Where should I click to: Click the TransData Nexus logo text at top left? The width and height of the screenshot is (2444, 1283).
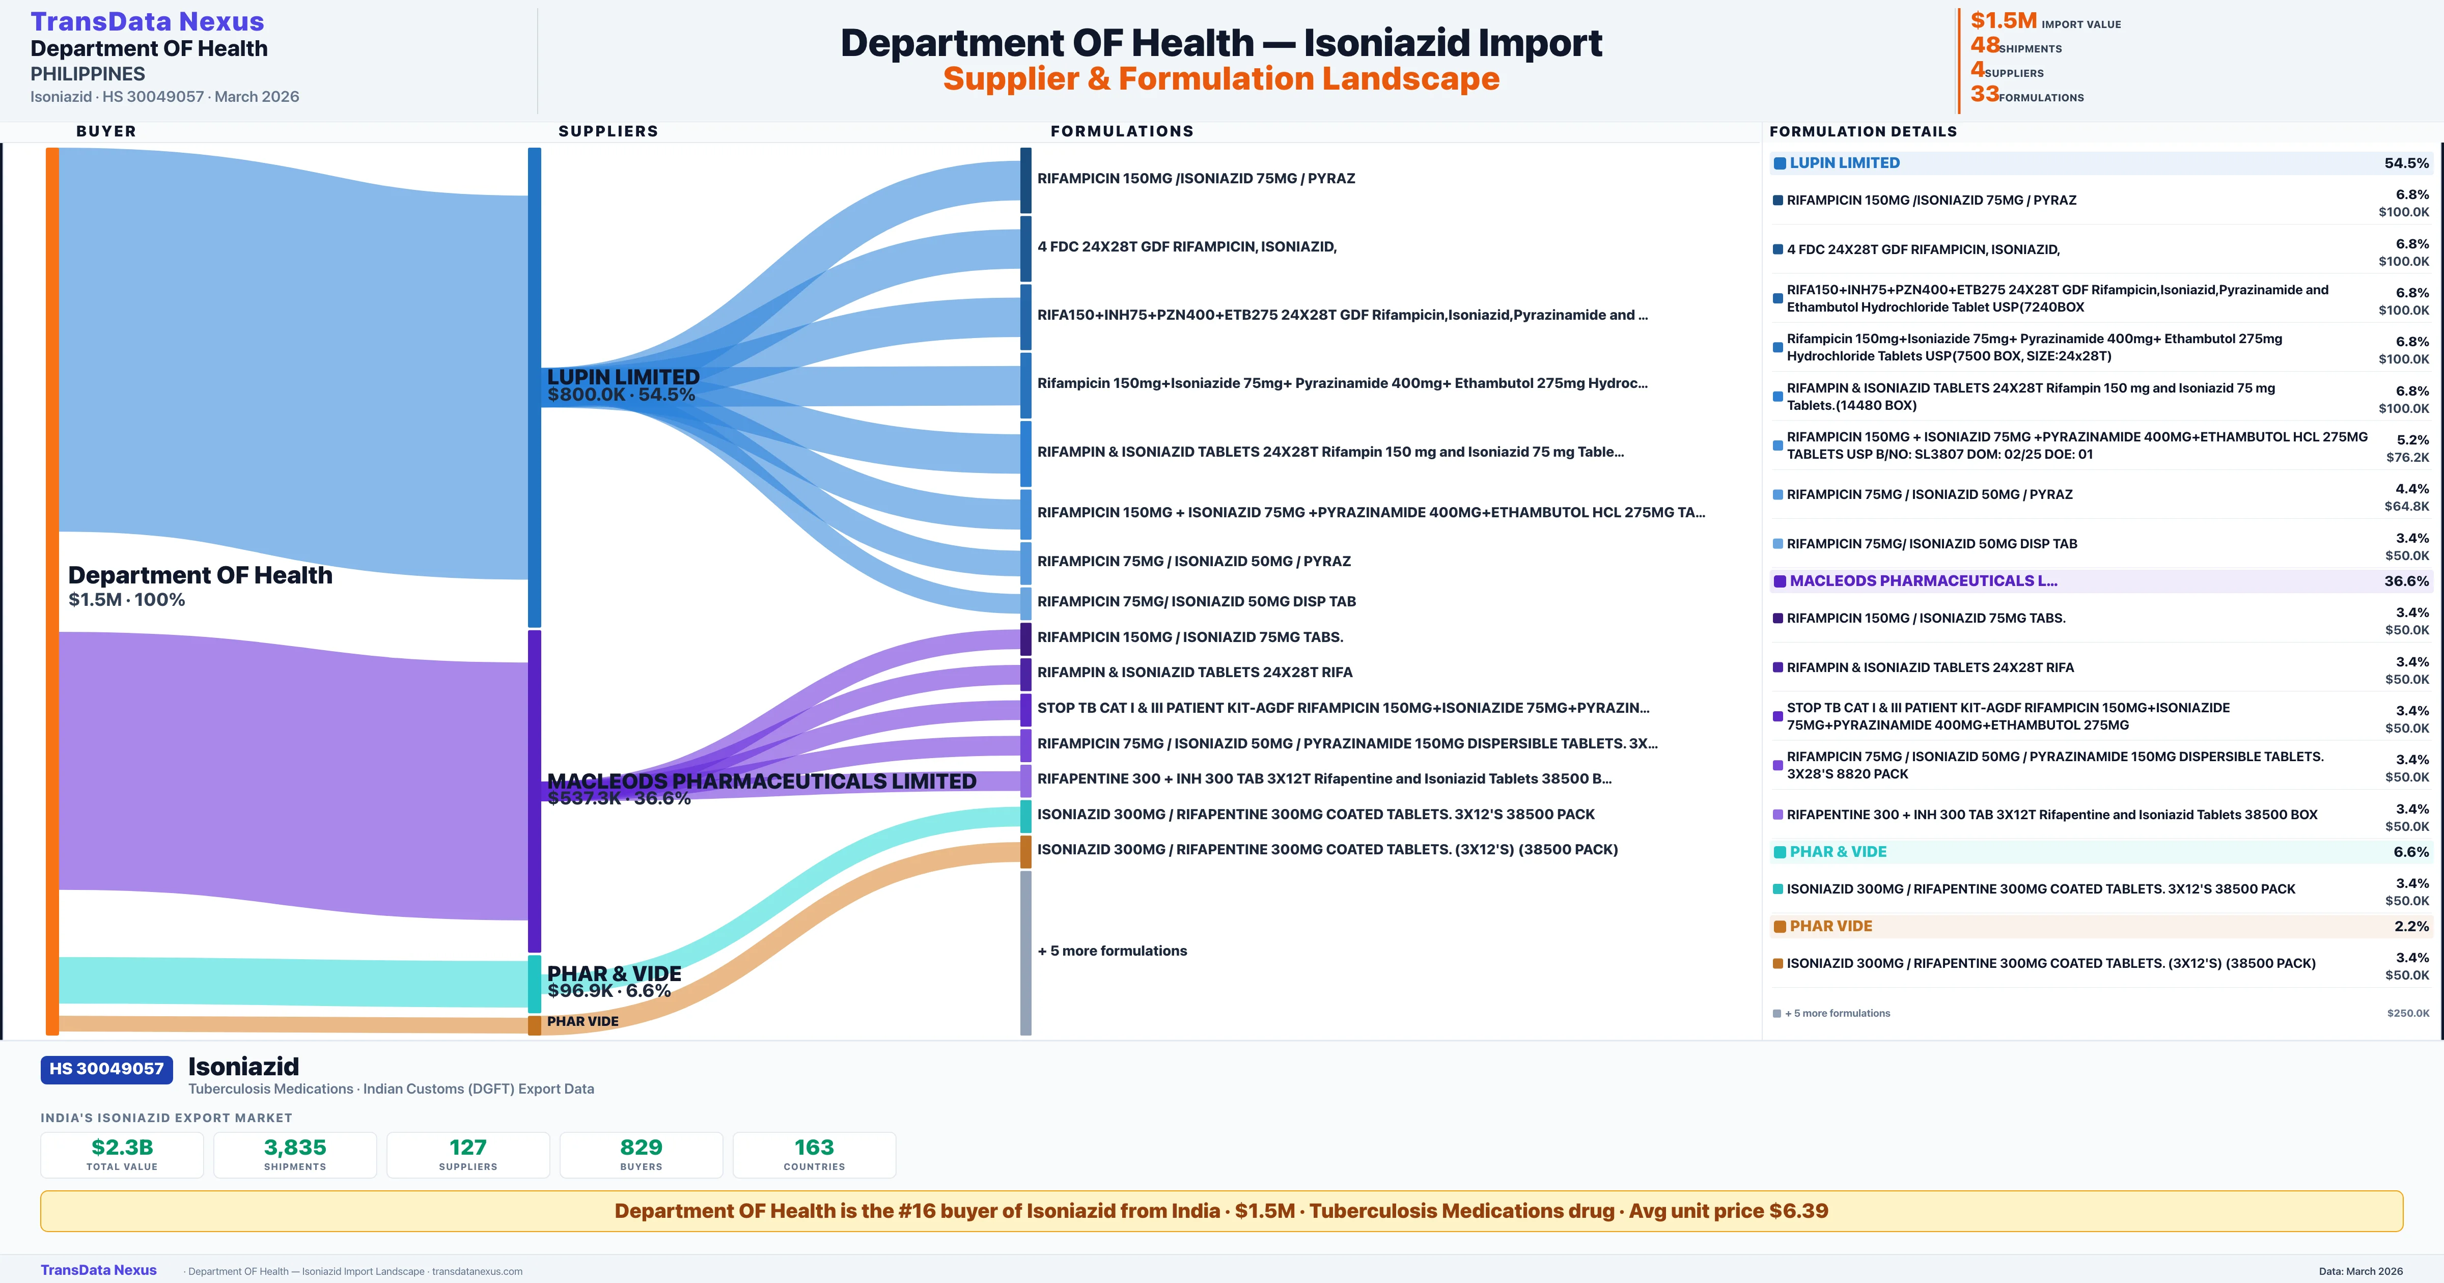click(x=147, y=22)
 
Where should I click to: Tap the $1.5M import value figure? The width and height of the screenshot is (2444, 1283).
click(x=2003, y=21)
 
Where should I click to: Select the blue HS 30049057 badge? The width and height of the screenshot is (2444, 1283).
click(x=106, y=1070)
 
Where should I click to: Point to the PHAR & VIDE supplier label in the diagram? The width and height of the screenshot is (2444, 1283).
click(x=614, y=973)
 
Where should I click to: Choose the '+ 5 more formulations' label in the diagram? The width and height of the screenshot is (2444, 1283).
click(x=1112, y=951)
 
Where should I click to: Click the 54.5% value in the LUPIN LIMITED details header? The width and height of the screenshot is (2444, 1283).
click(x=2406, y=163)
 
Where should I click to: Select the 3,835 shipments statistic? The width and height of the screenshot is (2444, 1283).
click(x=295, y=1148)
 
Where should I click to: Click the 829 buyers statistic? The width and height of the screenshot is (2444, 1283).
click(x=642, y=1148)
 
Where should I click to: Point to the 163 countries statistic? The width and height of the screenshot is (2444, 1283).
click(x=814, y=1148)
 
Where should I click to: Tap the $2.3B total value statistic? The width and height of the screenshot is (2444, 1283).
click(x=122, y=1148)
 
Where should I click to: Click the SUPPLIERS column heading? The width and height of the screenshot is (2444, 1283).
click(x=608, y=131)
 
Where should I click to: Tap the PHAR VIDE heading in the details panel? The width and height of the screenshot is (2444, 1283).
click(x=1830, y=926)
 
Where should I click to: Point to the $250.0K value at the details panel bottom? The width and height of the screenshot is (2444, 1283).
click(x=2408, y=1014)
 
